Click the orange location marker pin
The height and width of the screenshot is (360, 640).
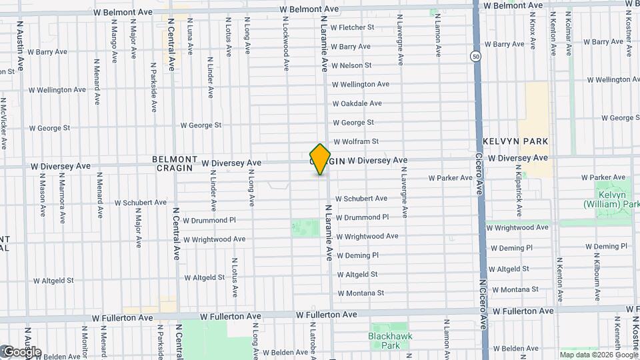coord(320,159)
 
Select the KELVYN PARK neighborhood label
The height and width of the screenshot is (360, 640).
coord(517,141)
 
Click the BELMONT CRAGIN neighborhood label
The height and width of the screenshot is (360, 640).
coord(175,164)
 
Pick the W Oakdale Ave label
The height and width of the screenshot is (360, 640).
coord(357,103)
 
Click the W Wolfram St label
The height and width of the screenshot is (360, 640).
coord(356,141)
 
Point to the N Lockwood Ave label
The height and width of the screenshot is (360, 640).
coord(285,44)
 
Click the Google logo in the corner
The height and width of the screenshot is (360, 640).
coord(21,351)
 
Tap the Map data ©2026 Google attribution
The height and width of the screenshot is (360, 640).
coord(598,355)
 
